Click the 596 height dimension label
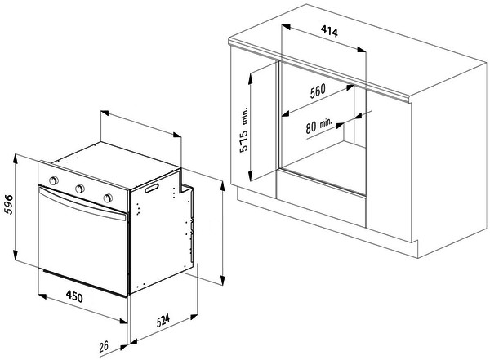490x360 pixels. click(9, 205)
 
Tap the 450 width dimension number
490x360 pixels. click(74, 296)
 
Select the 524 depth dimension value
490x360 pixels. click(163, 320)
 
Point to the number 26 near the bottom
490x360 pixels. click(104, 346)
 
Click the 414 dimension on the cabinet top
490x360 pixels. click(329, 31)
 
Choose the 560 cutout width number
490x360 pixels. click(318, 91)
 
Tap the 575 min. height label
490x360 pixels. click(243, 129)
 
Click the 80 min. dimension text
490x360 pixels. click(318, 126)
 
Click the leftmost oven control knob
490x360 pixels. click(54, 180)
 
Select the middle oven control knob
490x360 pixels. click(80, 189)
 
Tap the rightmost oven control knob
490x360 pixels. click(108, 198)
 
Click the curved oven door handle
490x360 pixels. click(82, 203)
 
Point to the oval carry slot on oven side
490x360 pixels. click(152, 189)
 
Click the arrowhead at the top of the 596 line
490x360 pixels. click(16, 158)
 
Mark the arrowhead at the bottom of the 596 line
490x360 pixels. click(16, 252)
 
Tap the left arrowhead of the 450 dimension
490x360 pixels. click(42, 296)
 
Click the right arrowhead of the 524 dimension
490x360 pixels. click(194, 317)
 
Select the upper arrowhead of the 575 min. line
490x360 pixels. click(250, 78)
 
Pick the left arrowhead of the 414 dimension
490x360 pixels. click(286, 27)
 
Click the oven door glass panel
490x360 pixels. click(82, 247)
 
